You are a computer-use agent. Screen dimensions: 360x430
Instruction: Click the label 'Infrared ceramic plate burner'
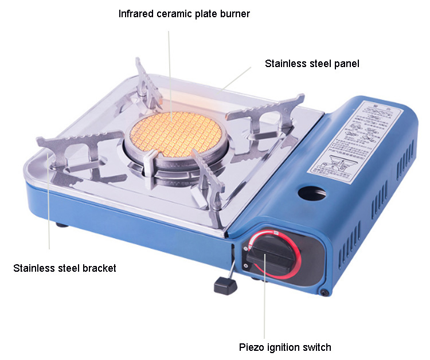[184, 13]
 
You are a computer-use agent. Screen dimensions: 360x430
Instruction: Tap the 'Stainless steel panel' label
[312, 64]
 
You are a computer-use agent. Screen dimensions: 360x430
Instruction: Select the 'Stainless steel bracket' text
[65, 268]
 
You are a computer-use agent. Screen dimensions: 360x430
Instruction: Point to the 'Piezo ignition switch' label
[285, 347]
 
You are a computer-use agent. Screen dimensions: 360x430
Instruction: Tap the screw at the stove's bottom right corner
[325, 293]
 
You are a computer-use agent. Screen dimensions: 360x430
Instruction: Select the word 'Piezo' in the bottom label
[251, 347]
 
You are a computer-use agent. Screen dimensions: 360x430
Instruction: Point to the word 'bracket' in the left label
[99, 268]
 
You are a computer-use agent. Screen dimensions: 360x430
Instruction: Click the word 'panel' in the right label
[347, 64]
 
